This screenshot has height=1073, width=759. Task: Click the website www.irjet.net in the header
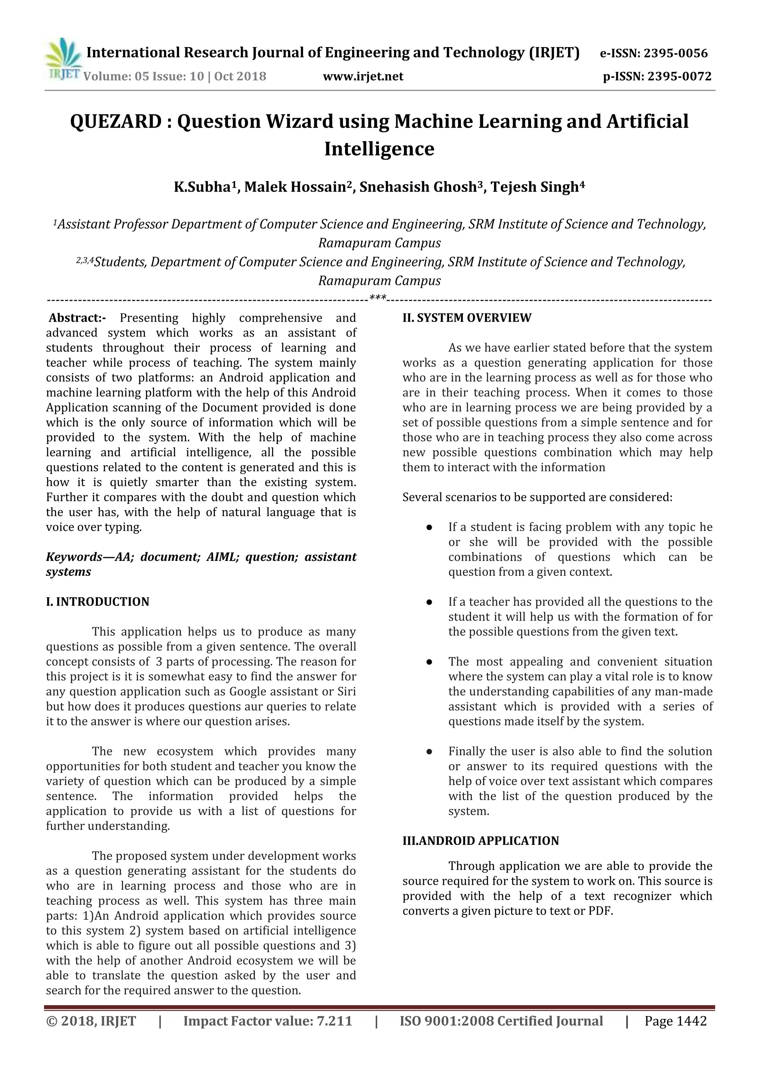pyautogui.click(x=363, y=76)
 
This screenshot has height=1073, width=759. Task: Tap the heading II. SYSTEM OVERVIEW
pyautogui.click(x=467, y=318)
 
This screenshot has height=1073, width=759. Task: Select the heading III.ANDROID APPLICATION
pyautogui.click(x=480, y=841)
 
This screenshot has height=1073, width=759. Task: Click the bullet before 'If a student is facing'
pyautogui.click(x=428, y=528)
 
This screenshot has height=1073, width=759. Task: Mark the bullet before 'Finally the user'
pyautogui.click(x=428, y=752)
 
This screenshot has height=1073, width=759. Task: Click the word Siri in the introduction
pyautogui.click(x=346, y=692)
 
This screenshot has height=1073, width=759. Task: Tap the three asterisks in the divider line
pyautogui.click(x=378, y=297)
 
